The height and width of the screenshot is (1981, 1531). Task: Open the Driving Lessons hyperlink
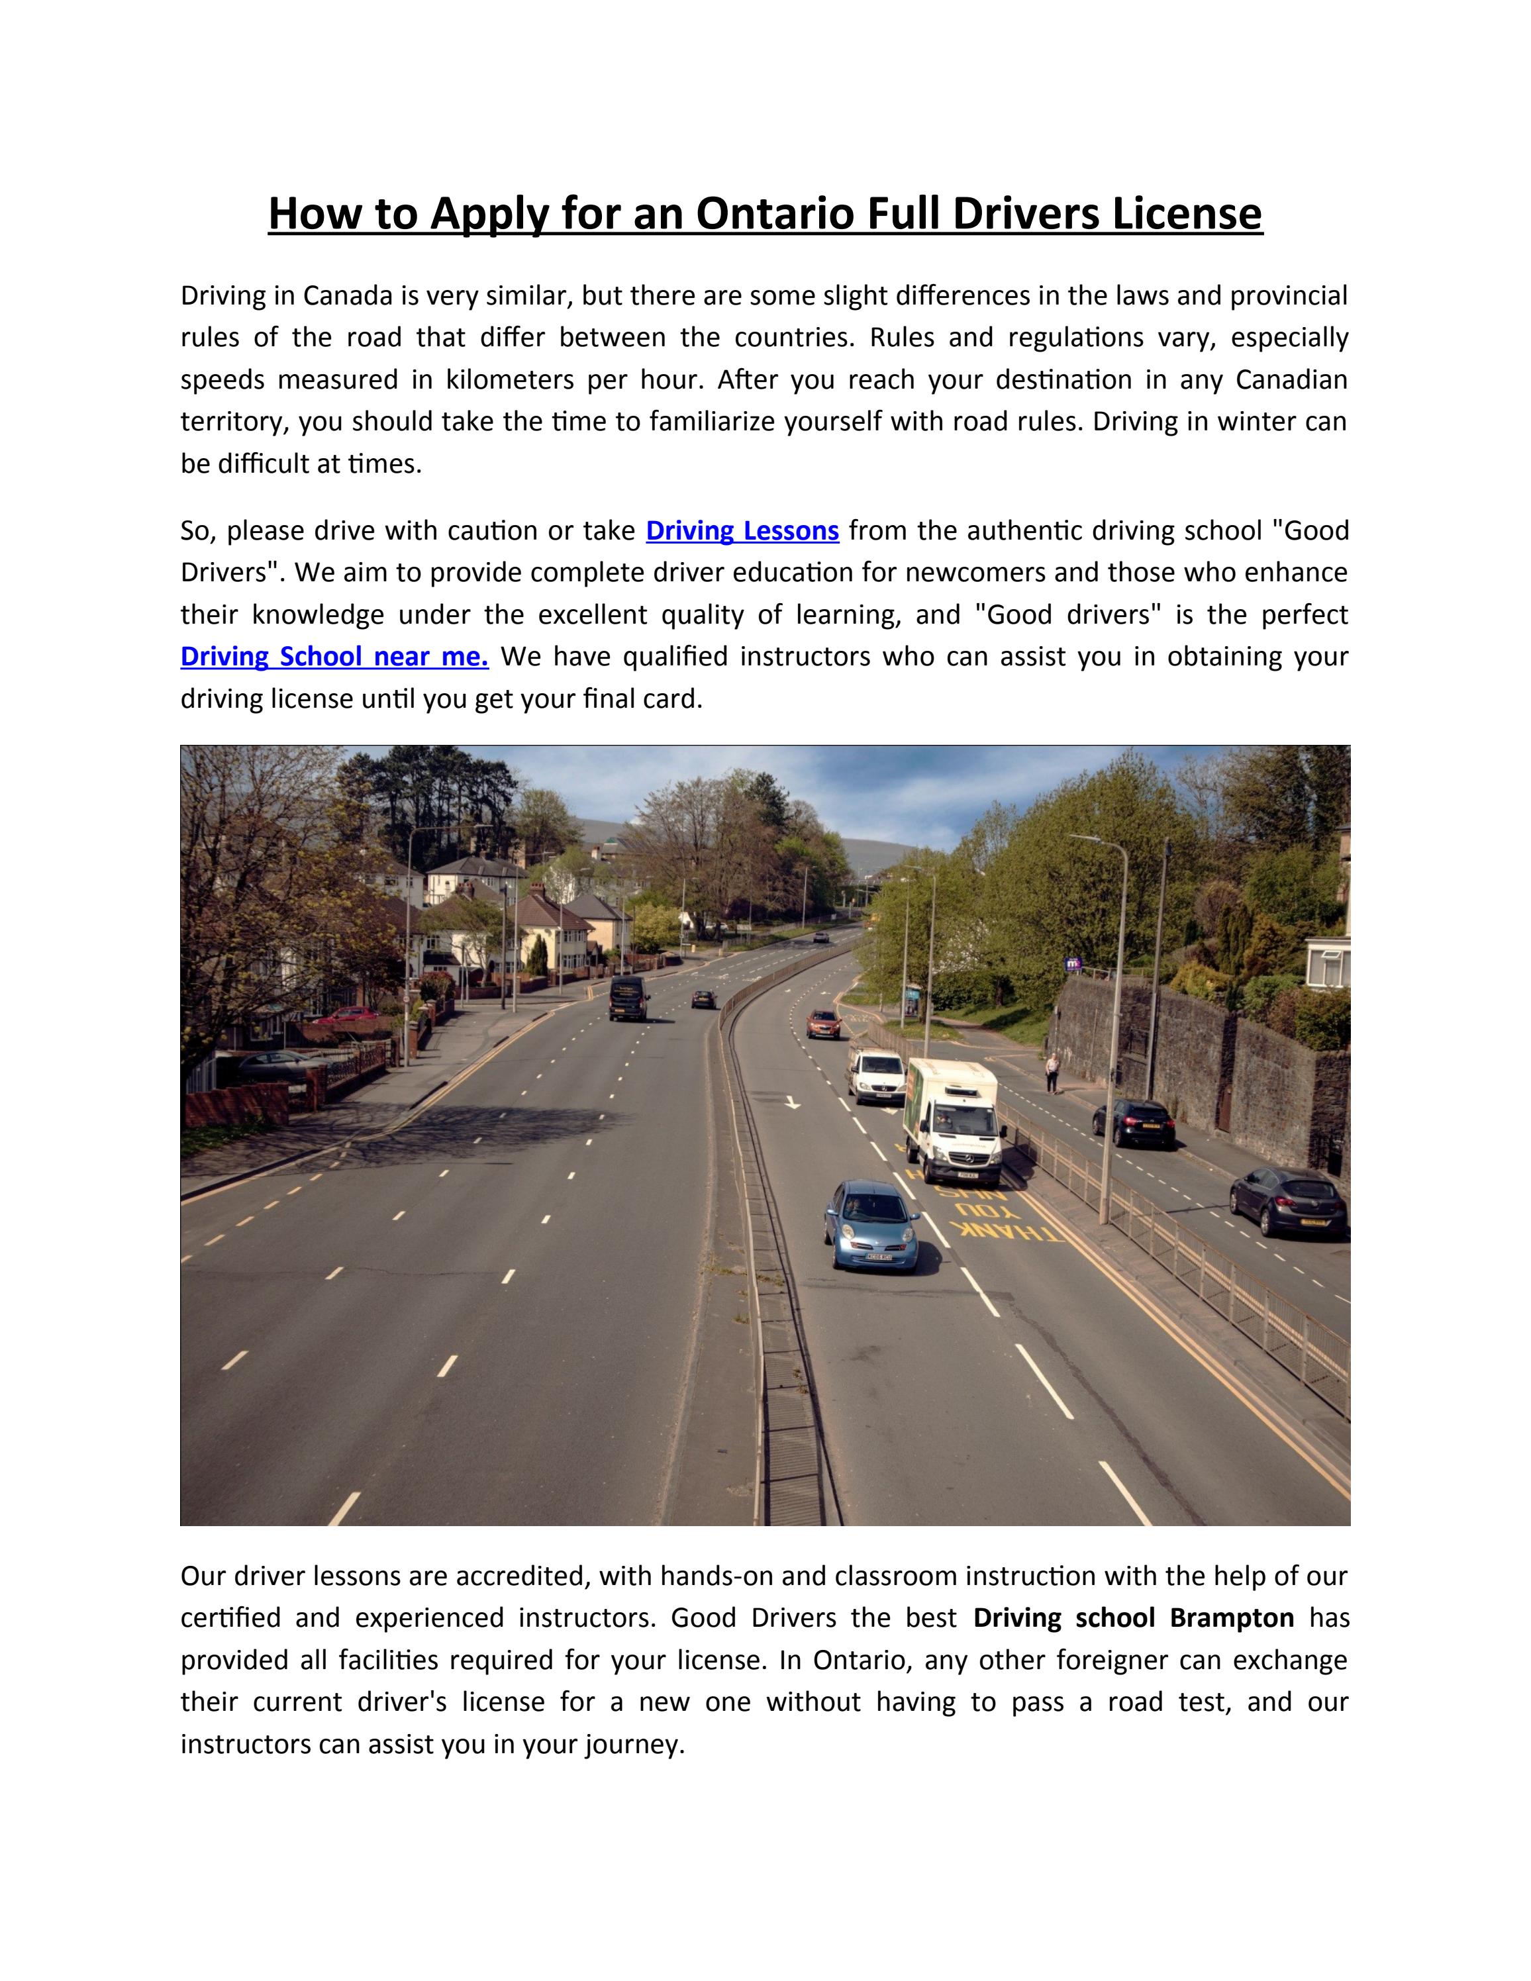point(742,530)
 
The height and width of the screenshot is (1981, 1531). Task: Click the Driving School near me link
point(334,657)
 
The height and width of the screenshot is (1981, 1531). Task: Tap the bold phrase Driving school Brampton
point(1133,1643)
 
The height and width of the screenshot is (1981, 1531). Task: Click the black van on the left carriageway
point(628,998)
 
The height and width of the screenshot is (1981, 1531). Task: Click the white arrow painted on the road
point(792,1102)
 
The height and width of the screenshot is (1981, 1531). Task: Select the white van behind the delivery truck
point(875,1076)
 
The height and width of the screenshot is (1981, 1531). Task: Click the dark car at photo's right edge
point(1288,1201)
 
